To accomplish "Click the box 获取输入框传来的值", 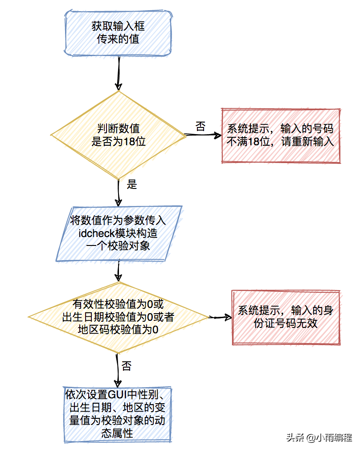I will point(118,33).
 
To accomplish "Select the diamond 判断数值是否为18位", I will point(118,135).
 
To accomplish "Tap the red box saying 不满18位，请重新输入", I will point(280,135).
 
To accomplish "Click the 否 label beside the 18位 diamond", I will point(200,127).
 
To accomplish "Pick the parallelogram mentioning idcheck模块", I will point(119,233).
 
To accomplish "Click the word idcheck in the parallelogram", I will point(97,233).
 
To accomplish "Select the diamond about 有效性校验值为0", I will point(118,317).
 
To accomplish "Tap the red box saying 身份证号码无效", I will point(286,317).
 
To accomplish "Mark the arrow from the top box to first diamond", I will point(119,74).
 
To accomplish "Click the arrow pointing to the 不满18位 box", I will point(203,135).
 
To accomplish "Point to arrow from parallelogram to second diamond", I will point(119,271).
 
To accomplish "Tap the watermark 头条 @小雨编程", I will point(319,438).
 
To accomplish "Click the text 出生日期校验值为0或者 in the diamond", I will point(118,317).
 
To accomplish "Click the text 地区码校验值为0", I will point(118,329).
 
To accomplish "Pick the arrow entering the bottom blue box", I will point(118,370).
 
